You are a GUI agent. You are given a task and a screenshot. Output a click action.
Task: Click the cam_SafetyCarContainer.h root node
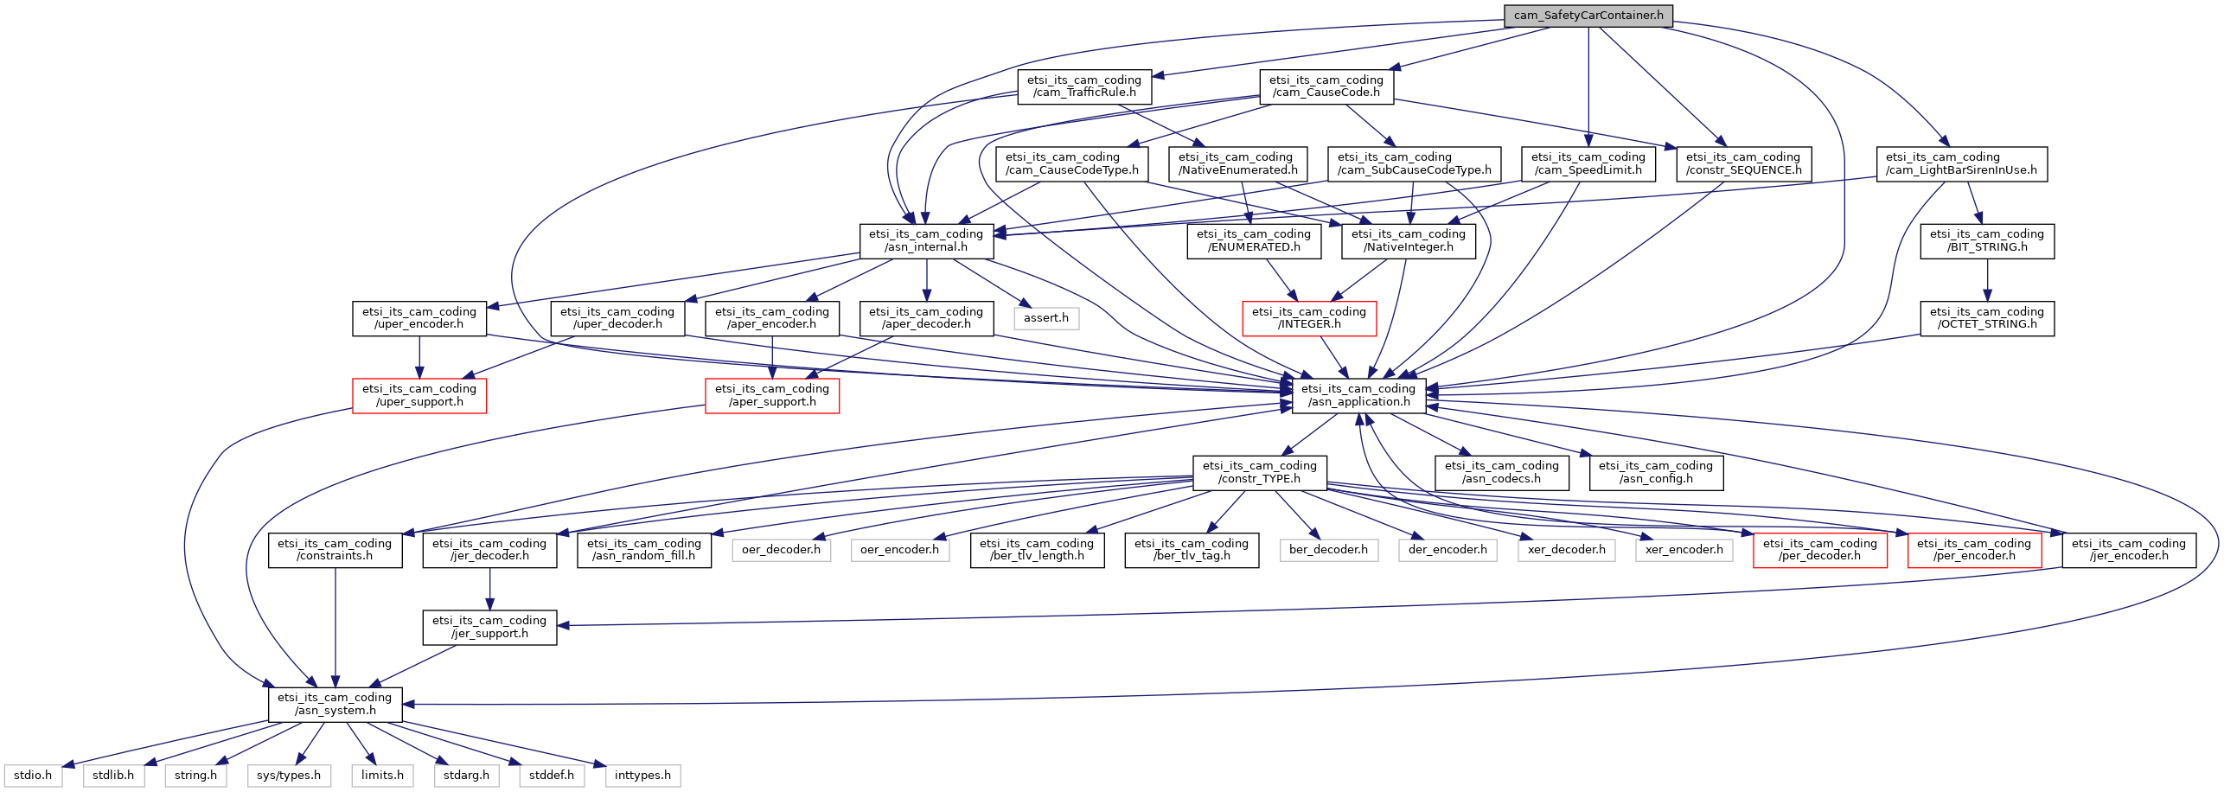[x=1588, y=16]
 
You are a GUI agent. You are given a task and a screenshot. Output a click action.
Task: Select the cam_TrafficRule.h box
[x=1084, y=86]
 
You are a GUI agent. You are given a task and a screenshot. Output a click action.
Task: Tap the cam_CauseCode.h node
[x=1326, y=86]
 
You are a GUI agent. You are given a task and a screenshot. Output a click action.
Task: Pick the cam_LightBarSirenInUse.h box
[x=1961, y=163]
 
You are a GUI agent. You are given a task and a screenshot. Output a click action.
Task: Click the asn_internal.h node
[x=926, y=240]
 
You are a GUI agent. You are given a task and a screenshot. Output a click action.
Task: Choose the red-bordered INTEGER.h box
[x=1309, y=318]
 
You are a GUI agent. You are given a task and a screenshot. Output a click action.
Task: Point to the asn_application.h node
[x=1358, y=395]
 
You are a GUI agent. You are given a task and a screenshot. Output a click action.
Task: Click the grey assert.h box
[x=1046, y=318]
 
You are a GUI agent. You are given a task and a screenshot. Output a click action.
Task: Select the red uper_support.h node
[x=419, y=395]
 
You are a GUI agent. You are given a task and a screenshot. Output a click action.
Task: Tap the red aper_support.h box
[x=772, y=395]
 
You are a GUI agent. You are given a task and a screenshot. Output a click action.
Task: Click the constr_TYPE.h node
[x=1260, y=472]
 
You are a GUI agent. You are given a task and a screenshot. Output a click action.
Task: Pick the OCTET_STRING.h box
[x=1987, y=318]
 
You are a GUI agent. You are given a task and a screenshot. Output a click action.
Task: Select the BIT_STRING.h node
[x=1987, y=240]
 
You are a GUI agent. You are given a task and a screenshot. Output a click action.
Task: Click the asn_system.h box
[x=335, y=704]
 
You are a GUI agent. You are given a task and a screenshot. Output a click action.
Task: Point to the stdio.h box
[x=33, y=776]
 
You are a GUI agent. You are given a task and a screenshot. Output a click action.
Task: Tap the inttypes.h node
[x=642, y=776]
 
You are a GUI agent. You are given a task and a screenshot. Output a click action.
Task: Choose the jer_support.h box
[x=489, y=627]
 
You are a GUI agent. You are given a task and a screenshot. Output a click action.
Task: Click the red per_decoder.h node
[x=1820, y=550]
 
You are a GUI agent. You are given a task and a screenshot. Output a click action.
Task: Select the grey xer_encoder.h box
[x=1684, y=550]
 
